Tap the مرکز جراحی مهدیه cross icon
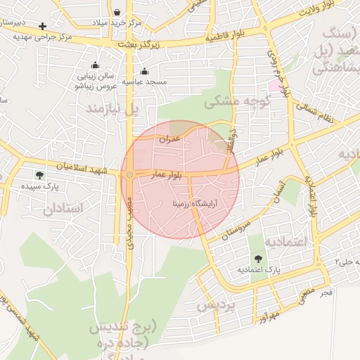tap(44, 26)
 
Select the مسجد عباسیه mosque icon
tap(144, 71)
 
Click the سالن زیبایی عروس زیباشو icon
tap(96, 65)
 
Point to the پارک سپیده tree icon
tap(39, 175)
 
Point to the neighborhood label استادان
tap(63, 209)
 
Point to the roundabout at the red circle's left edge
tap(129, 175)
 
